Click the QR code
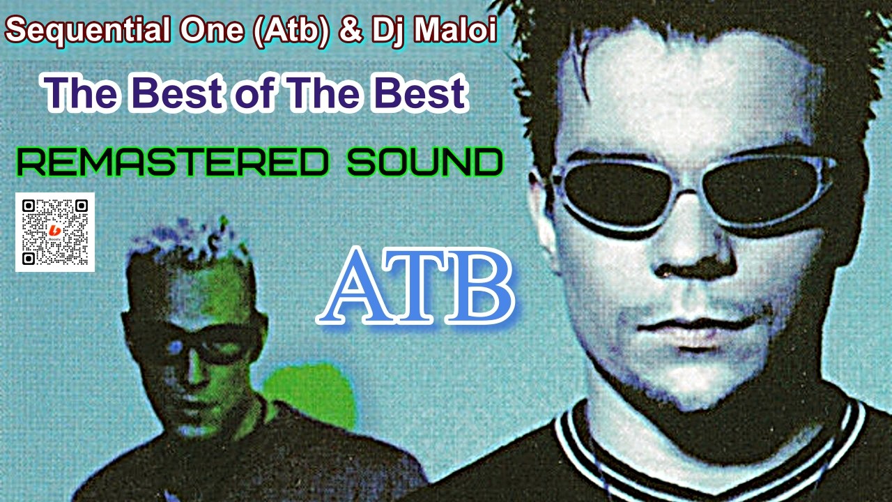[x=55, y=232]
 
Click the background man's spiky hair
[x=188, y=241]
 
